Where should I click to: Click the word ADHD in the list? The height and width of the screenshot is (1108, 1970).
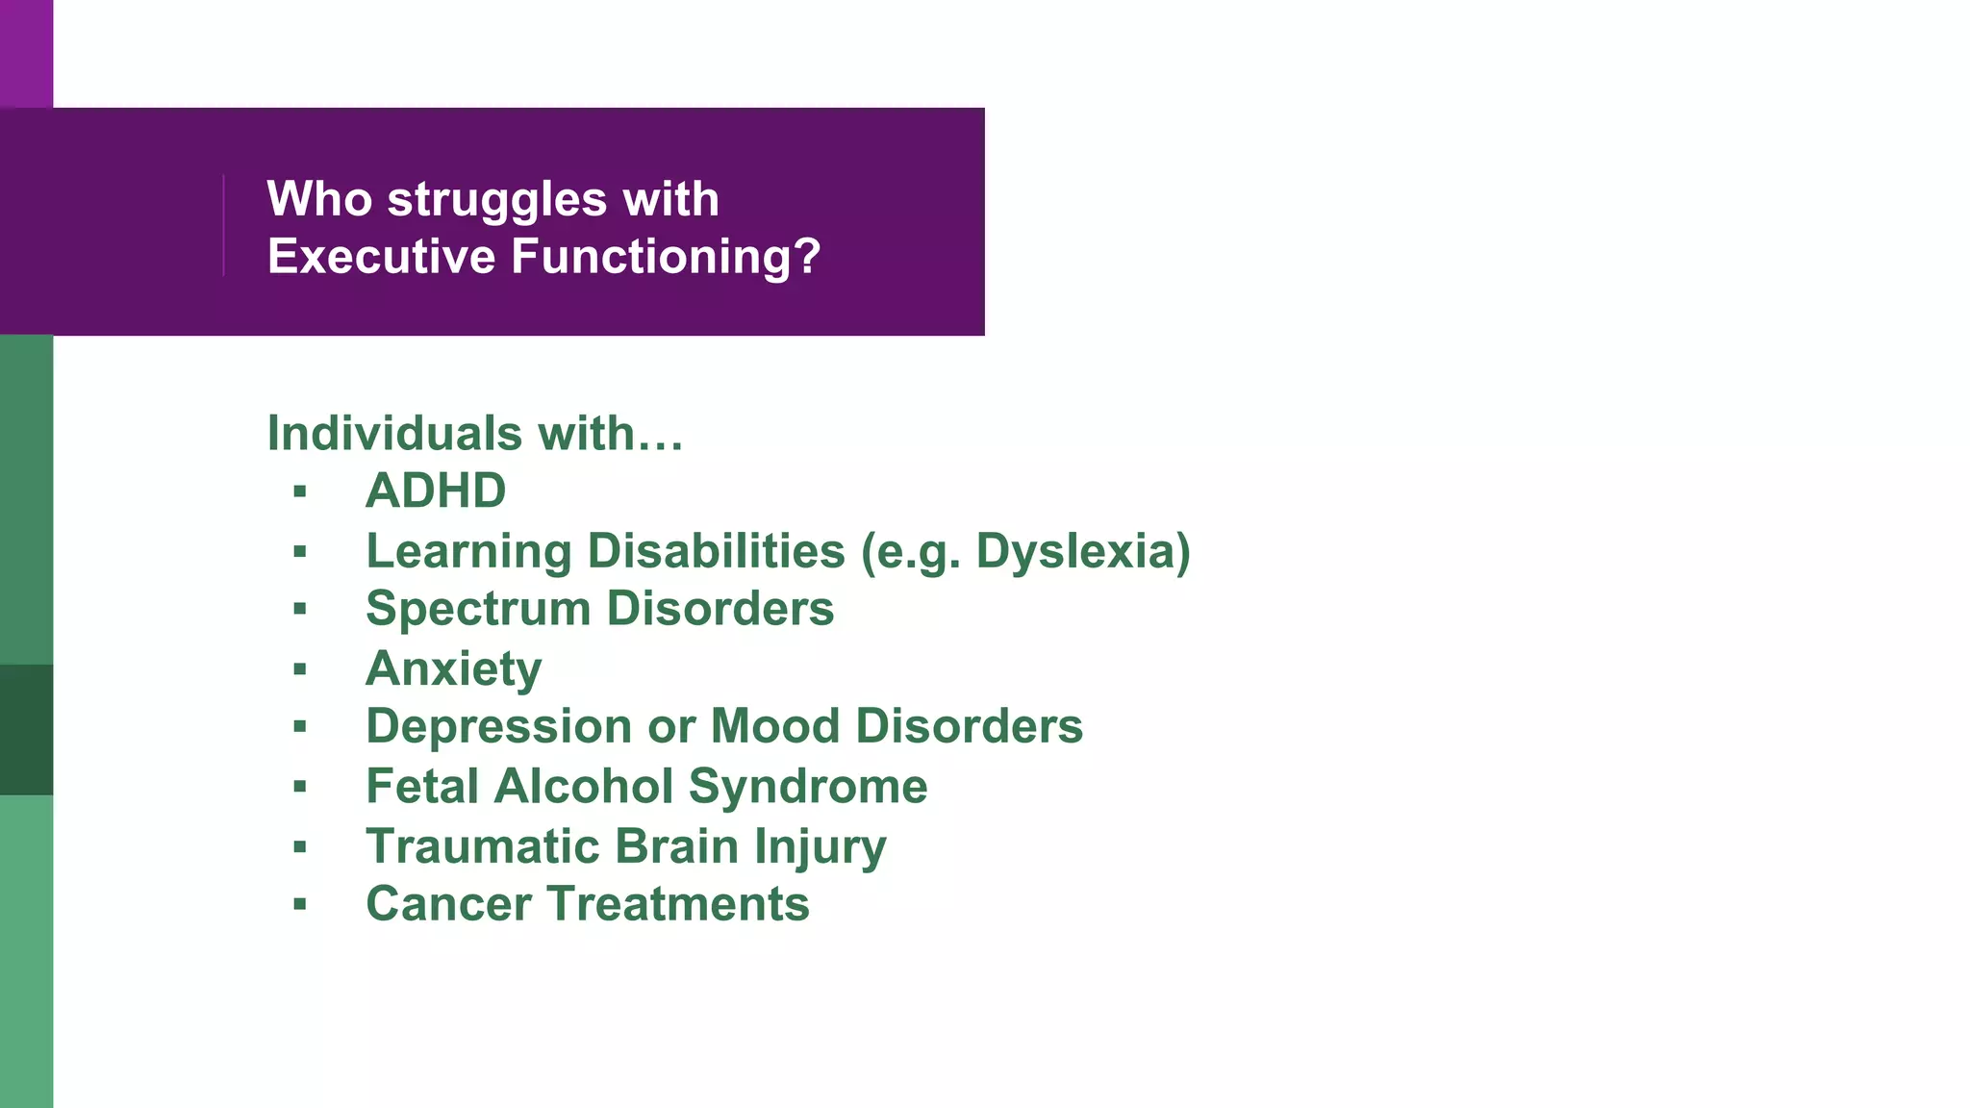[436, 491]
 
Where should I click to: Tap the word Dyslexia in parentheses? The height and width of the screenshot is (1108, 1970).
[1075, 551]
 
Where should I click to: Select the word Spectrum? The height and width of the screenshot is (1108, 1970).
[477, 610]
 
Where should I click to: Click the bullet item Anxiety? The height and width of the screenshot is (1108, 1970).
[453, 668]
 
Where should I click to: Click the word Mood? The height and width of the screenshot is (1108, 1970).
[774, 726]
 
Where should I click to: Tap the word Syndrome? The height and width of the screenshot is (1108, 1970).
[808, 787]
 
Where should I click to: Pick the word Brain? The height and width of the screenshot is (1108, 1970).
[676, 846]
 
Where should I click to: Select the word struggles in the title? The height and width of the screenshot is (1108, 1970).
[496, 199]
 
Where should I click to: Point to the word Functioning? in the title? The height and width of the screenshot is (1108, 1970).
[666, 257]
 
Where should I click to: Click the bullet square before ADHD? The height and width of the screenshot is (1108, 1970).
[300, 492]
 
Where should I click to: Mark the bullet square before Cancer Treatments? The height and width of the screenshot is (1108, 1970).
[300, 904]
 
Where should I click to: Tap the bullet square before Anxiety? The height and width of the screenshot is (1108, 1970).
[300, 668]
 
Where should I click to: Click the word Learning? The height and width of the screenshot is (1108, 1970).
[469, 551]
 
